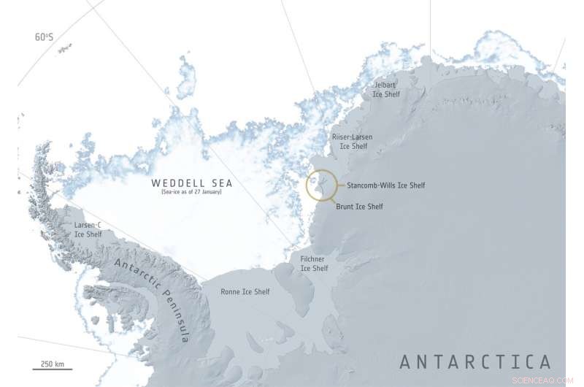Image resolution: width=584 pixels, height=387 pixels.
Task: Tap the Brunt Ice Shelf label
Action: tap(359, 207)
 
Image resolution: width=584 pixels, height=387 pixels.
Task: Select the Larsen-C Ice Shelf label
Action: tap(88, 230)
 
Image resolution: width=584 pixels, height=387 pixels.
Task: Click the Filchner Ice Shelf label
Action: tap(315, 264)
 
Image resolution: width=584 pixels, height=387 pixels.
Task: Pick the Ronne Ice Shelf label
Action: tap(245, 292)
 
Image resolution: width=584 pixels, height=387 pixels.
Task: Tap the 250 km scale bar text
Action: tap(45, 364)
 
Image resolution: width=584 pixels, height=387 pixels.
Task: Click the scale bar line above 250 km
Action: tap(45, 356)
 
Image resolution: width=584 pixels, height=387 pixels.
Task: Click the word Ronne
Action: tap(231, 292)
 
